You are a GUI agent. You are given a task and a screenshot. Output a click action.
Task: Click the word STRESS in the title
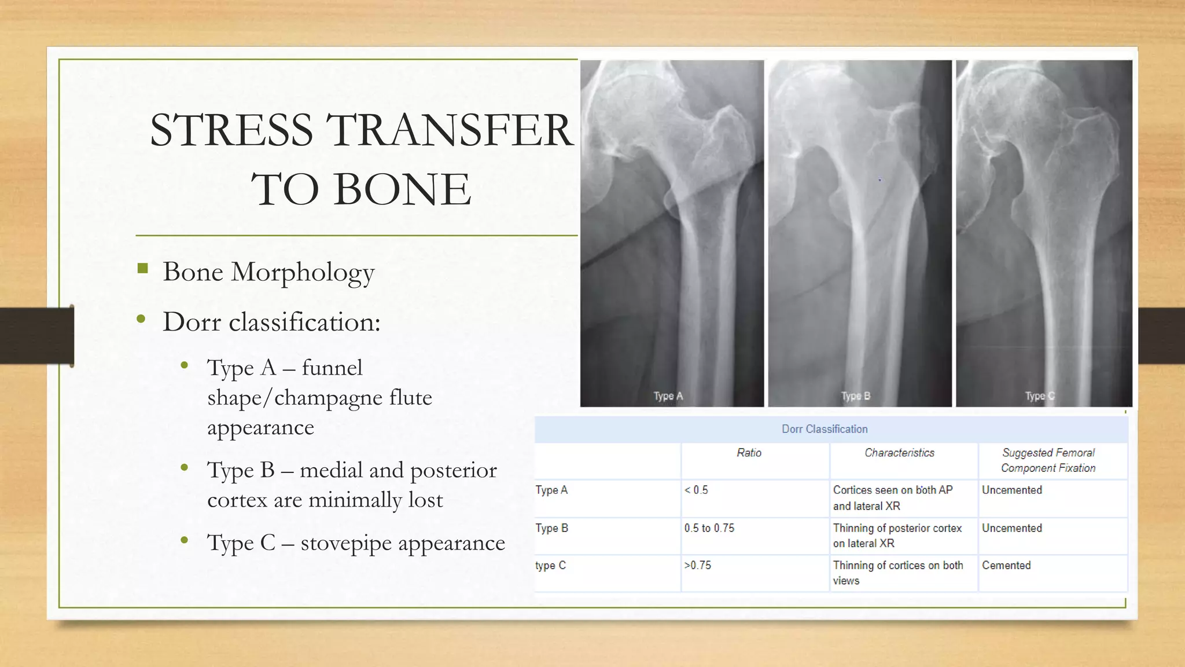tap(231, 130)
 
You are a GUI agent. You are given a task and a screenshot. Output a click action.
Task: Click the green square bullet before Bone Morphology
tap(143, 269)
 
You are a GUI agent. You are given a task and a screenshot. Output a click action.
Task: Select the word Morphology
tap(302, 273)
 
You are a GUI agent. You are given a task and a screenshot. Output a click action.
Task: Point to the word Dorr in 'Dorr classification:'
tap(192, 322)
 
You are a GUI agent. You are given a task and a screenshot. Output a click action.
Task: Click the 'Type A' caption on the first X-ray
tap(668, 396)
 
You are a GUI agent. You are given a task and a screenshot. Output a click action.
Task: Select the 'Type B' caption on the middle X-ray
tap(856, 396)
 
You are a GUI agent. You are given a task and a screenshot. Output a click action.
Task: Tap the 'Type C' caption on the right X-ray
tap(1040, 396)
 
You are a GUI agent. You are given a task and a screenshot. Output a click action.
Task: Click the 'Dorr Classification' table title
tap(825, 429)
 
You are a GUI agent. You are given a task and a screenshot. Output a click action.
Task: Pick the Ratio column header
tap(749, 453)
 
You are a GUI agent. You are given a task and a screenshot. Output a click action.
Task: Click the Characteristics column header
tap(899, 453)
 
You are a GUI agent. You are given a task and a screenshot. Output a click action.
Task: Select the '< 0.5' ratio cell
tap(696, 490)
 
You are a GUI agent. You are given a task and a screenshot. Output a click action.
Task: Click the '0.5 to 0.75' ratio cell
tap(709, 528)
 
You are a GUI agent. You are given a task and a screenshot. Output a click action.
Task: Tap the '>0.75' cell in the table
tap(697, 565)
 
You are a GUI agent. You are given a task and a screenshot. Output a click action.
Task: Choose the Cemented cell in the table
tap(1006, 565)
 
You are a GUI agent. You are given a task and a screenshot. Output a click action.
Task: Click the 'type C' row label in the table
tap(550, 565)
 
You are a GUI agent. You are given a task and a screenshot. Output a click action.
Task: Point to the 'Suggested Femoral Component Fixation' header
tap(1048, 460)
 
